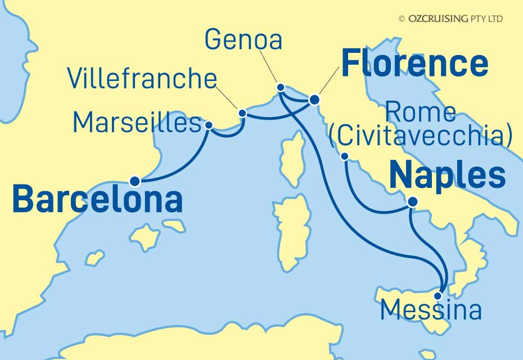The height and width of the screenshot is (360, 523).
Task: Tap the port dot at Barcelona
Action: coord(134,181)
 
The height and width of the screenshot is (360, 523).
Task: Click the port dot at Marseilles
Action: coord(209,125)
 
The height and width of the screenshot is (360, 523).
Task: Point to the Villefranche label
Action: coord(142,79)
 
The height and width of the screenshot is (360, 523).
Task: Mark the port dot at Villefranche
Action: coord(242,113)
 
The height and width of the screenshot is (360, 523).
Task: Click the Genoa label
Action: coord(243,40)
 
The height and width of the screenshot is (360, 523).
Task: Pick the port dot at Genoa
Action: coord(281,88)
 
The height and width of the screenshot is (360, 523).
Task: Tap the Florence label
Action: coord(414,64)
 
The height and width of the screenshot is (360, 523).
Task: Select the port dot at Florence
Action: coord(314,100)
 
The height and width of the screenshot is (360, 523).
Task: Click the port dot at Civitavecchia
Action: coord(345,156)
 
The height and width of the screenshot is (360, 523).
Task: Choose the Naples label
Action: coord(447,175)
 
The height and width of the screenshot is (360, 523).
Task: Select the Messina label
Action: coord(431,310)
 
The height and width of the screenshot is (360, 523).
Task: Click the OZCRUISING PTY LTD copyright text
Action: coord(450,19)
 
